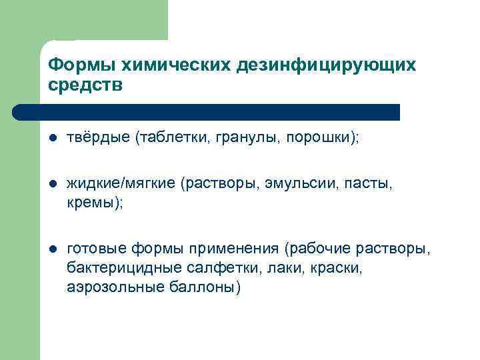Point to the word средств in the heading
(x=86, y=86)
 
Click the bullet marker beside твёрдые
(x=52, y=139)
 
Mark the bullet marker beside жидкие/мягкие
(x=52, y=185)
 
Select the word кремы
(x=91, y=203)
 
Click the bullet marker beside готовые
(x=52, y=250)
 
